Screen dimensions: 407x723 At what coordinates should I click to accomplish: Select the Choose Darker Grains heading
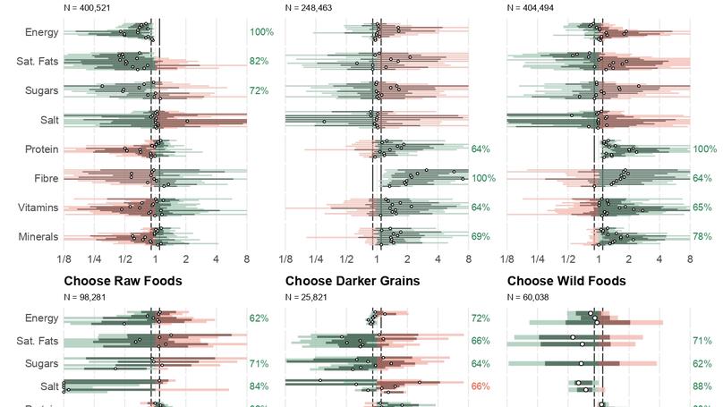(352, 281)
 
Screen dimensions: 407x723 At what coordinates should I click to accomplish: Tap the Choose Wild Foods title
(566, 281)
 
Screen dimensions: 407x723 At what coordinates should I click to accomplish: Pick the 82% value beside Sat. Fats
(259, 62)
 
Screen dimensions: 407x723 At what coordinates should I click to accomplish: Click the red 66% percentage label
(481, 386)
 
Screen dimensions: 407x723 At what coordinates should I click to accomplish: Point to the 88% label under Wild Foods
(702, 386)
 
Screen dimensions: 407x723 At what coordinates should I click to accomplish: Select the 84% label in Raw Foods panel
(259, 386)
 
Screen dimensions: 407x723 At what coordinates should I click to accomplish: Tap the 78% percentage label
(702, 237)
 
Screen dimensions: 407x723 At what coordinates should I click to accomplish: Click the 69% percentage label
(481, 237)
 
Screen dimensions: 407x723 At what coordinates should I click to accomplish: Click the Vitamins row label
(38, 208)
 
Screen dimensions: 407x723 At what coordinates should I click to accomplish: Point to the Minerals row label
(38, 237)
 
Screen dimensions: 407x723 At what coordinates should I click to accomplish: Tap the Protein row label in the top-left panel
(39, 149)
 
